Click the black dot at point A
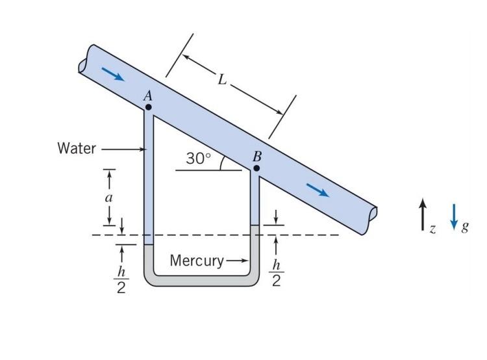click(x=149, y=107)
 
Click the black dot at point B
click(x=256, y=168)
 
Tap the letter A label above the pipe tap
click(x=147, y=96)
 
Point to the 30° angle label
click(x=199, y=159)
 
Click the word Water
click(x=77, y=149)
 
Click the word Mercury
click(x=196, y=261)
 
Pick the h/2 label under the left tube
click(x=121, y=279)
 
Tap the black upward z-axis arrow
click(x=423, y=214)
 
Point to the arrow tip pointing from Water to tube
click(x=144, y=149)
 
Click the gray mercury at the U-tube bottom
click(x=201, y=279)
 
